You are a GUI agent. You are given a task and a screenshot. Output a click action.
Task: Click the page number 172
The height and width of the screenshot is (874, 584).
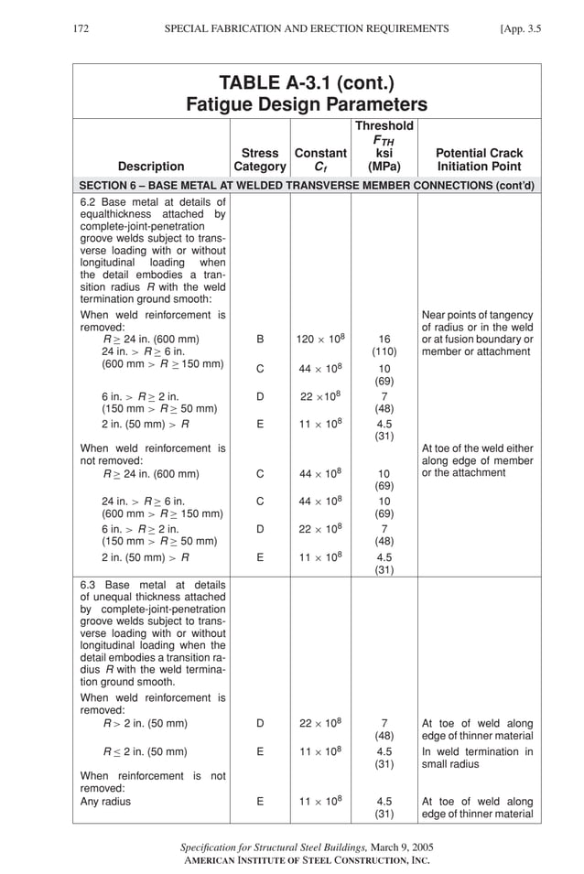[81, 29]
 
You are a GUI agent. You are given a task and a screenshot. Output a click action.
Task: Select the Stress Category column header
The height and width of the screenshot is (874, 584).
[260, 160]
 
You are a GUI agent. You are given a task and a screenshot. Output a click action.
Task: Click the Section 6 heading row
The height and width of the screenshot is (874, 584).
[307, 186]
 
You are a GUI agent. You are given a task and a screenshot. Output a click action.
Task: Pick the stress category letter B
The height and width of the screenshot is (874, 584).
[260, 339]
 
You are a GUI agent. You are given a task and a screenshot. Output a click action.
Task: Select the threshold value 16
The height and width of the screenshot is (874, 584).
[384, 339]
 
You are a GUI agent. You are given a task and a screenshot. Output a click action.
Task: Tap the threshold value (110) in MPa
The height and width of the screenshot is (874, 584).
[384, 351]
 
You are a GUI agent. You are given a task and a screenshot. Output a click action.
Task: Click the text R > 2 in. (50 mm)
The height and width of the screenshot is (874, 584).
[146, 724]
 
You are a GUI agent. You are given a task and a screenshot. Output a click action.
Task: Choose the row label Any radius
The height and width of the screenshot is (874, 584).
[106, 802]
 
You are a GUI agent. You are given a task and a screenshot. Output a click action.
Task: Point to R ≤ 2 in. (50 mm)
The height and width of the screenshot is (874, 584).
[146, 752]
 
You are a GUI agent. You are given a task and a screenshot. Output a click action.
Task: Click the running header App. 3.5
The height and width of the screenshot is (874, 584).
[521, 29]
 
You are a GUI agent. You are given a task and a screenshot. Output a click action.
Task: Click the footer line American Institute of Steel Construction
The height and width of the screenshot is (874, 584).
[307, 860]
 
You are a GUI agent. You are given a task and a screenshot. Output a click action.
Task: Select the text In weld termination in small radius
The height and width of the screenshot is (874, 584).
[477, 759]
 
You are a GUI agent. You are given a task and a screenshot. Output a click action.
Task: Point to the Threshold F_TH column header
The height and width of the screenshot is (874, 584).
[384, 146]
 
